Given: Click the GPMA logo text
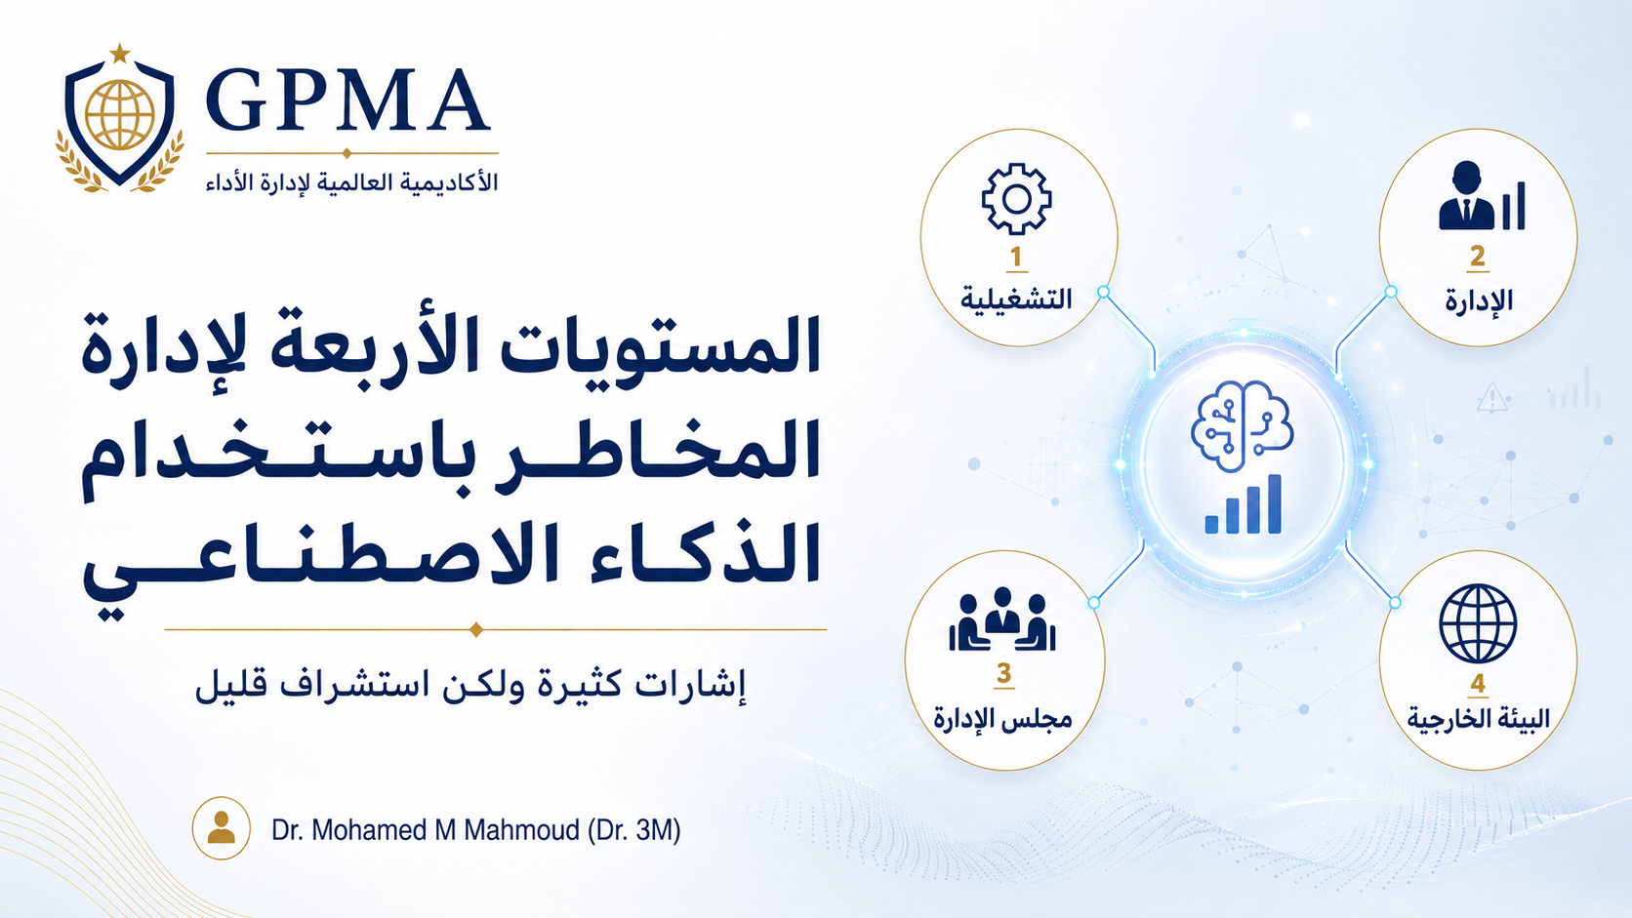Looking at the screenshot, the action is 347,100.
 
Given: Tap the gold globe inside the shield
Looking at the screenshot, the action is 120,114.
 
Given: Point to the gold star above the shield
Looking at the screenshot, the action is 119,53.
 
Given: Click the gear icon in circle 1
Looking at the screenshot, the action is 1016,199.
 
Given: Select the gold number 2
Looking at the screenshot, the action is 1478,257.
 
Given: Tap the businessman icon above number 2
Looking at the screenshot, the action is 1482,196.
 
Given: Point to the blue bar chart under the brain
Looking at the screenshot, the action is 1243,503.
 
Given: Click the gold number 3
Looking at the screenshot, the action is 1004,673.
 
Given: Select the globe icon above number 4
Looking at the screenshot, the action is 1478,624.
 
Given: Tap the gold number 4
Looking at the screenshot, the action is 1478,684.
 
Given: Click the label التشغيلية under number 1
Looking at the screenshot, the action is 1016,299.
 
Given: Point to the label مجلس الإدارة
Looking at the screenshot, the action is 1003,719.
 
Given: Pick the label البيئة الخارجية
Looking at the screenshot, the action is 1478,719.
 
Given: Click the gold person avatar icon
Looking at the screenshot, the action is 222,828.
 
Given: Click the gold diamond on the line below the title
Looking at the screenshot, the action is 476,629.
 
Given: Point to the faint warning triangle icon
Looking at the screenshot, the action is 1492,397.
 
